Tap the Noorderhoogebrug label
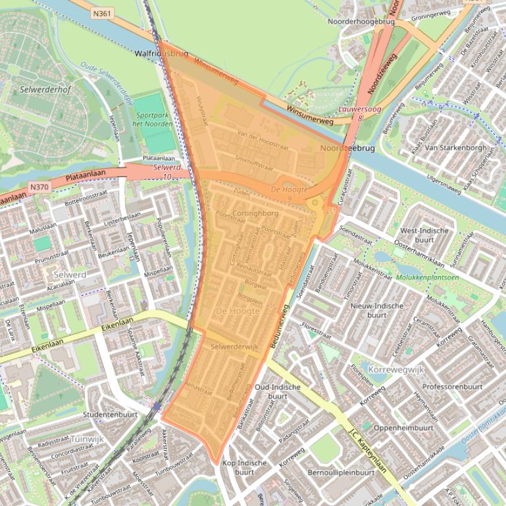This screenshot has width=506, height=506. point(361,22)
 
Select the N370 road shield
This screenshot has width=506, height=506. point(40,187)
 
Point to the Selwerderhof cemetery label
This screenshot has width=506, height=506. point(45,89)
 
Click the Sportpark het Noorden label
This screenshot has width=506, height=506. point(153,120)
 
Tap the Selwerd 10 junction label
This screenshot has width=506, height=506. point(167,172)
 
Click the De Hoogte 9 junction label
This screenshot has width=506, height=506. point(290,193)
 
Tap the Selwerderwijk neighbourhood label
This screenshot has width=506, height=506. point(235,346)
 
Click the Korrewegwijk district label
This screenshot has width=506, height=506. point(397,370)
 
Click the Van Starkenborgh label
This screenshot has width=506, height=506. point(456,148)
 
